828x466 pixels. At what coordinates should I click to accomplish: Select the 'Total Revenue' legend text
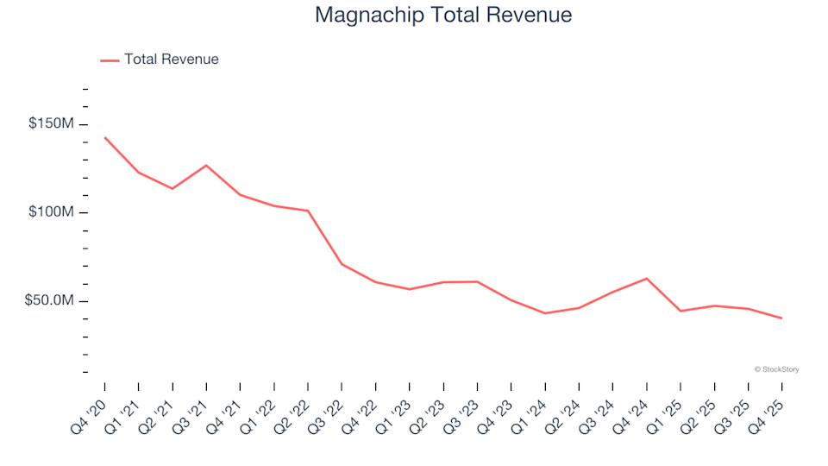click(x=171, y=60)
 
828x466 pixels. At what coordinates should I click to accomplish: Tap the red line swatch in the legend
click(x=110, y=60)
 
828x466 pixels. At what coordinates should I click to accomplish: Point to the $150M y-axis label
click(x=51, y=124)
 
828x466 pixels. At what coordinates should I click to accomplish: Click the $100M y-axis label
click(x=51, y=212)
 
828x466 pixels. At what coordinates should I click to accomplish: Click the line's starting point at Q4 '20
click(x=105, y=137)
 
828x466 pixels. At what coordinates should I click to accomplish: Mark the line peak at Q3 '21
click(x=206, y=165)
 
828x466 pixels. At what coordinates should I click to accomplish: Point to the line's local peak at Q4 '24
click(x=647, y=278)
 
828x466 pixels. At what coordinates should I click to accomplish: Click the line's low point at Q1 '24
click(x=545, y=313)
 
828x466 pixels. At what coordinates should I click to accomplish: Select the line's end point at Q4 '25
click(x=781, y=318)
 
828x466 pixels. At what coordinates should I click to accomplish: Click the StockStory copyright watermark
click(x=776, y=369)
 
